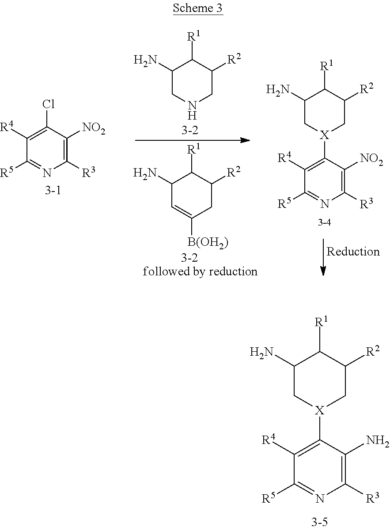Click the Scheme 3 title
198,8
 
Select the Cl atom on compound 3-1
49,104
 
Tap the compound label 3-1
53,190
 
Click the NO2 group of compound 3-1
94,128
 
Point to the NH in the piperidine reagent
192,110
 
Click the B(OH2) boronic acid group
208,243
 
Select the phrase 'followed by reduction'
200,271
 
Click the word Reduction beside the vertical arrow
353,252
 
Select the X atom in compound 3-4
325,135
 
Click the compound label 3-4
324,222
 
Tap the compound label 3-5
319,522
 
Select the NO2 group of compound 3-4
371,159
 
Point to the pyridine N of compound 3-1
47,173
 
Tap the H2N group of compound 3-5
261,353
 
